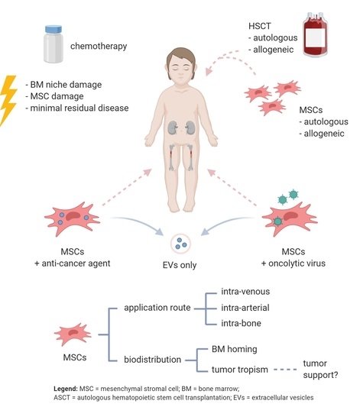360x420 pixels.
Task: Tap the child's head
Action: click(x=182, y=73)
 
